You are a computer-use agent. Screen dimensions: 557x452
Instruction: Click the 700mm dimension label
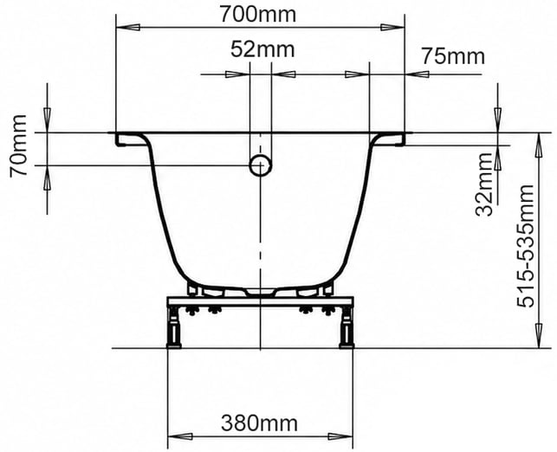(x=258, y=14)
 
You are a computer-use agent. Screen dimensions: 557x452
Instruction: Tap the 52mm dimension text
(x=262, y=49)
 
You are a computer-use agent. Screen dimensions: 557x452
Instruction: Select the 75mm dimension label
(x=453, y=56)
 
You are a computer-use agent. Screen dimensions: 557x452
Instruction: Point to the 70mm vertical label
(x=18, y=146)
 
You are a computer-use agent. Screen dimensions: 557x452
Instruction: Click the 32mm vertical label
(x=484, y=184)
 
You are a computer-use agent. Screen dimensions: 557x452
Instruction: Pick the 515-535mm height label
(x=526, y=246)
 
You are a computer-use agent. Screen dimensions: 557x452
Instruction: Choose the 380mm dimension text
(x=259, y=423)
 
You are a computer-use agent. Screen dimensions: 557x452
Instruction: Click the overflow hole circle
(x=261, y=165)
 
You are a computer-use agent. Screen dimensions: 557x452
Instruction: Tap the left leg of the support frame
(x=174, y=326)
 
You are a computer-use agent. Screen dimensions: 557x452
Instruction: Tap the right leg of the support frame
(x=347, y=326)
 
